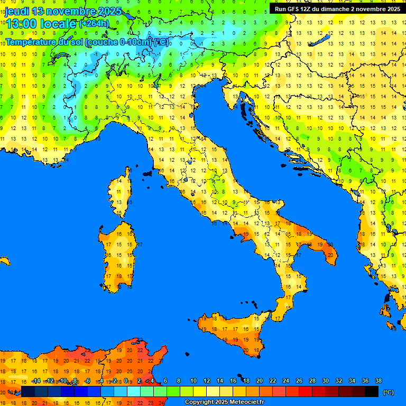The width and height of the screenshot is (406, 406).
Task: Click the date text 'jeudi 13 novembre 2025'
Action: (63, 11)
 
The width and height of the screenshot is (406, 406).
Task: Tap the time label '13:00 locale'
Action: (41, 24)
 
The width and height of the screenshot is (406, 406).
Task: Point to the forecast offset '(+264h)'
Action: (94, 24)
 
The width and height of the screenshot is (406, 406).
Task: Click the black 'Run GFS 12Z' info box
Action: (337, 9)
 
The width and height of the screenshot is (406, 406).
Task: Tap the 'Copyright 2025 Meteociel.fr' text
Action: (224, 402)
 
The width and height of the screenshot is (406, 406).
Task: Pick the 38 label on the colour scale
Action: (378, 381)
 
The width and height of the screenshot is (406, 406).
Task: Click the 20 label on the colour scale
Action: (260, 381)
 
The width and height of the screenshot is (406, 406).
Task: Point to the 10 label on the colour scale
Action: (193, 381)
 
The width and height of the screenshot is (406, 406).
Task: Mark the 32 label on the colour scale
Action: (339, 381)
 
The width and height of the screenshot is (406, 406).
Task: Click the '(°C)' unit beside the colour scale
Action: (389, 392)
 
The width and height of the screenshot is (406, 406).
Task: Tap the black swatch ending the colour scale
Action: (372, 392)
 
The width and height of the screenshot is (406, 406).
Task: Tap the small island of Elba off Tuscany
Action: (147, 173)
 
